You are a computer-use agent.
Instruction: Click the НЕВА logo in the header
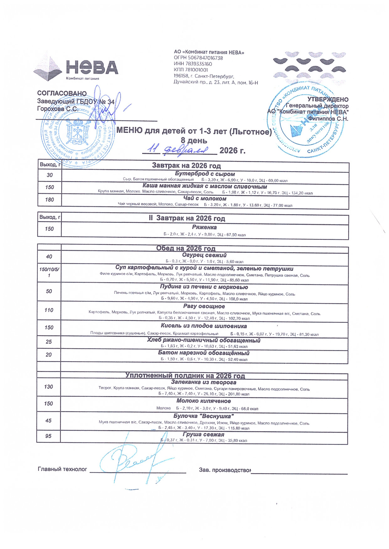[76, 68]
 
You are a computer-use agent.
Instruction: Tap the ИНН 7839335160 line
[193, 64]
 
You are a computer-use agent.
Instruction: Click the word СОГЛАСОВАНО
[62, 94]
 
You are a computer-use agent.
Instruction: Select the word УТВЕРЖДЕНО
[328, 100]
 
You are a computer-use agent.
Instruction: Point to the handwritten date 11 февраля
[177, 149]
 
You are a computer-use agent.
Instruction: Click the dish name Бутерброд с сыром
[205, 174]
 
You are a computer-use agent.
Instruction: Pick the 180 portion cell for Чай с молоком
[49, 200]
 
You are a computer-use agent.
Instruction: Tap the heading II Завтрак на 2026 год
[187, 219]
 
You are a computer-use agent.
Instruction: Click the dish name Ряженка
[204, 227]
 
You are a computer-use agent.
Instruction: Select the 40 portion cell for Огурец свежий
[49, 257]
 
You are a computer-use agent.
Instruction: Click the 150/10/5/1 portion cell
[49, 273]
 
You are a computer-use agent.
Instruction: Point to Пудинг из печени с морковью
[204, 287]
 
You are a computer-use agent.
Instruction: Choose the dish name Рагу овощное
[204, 306]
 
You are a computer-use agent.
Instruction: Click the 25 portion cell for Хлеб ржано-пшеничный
[49, 342]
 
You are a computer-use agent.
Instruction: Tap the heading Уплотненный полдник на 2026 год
[185, 376]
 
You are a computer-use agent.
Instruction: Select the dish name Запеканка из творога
[203, 382]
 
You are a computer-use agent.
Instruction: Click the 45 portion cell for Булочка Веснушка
[48, 421]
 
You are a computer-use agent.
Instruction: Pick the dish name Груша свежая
[203, 434]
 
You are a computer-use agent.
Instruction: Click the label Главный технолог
[62, 469]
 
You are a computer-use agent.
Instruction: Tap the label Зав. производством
[224, 470]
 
